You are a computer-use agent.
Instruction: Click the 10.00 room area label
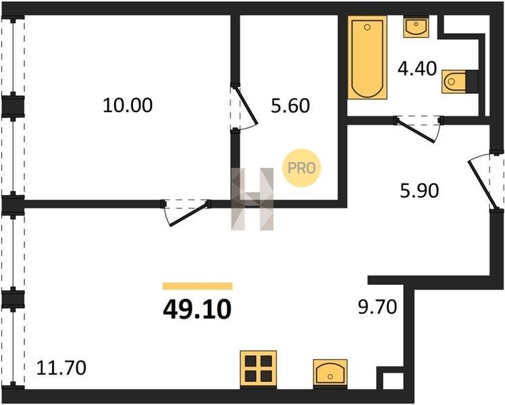pyautogui.click(x=128, y=105)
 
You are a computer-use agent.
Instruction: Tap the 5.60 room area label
pyautogui.click(x=290, y=105)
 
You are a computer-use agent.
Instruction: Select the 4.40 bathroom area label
pyautogui.click(x=417, y=69)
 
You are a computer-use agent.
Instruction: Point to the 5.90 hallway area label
pyautogui.click(x=419, y=190)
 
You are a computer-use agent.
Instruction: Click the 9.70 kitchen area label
pyautogui.click(x=377, y=307)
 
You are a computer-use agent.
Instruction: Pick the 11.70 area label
pyautogui.click(x=61, y=368)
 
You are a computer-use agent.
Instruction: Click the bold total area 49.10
pyautogui.click(x=197, y=309)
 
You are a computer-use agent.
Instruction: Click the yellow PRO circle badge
pyautogui.click(x=302, y=167)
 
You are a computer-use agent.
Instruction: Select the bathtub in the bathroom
pyautogui.click(x=367, y=57)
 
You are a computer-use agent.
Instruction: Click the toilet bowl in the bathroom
pyautogui.click(x=454, y=82)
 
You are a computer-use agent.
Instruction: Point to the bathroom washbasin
pyautogui.click(x=416, y=26)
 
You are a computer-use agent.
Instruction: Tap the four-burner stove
pyautogui.click(x=259, y=369)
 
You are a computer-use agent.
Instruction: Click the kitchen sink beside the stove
pyautogui.click(x=330, y=373)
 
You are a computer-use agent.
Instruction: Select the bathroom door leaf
pyautogui.click(x=417, y=130)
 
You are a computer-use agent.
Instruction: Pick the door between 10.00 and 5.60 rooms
pyautogui.click(x=246, y=105)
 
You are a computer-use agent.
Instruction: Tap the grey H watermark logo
pyautogui.click(x=252, y=199)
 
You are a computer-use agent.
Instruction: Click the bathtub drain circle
pyautogui.click(x=367, y=27)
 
